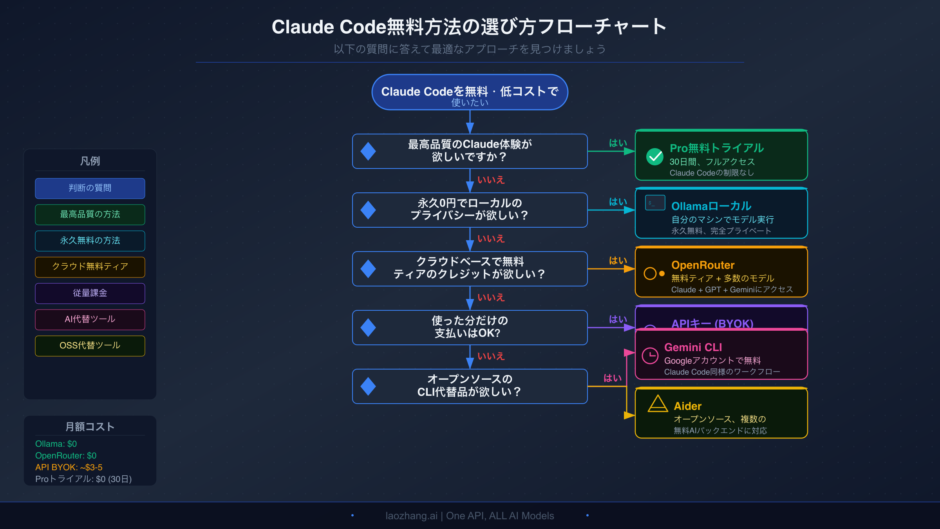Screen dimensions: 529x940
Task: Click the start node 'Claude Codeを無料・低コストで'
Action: (x=470, y=92)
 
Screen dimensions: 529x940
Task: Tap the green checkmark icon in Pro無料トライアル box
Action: (x=654, y=157)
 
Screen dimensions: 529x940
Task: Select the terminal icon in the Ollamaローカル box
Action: (x=655, y=203)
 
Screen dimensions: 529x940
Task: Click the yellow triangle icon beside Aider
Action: (x=658, y=404)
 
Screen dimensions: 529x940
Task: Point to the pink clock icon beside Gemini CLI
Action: (x=650, y=356)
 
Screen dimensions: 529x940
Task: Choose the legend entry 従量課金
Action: (x=90, y=293)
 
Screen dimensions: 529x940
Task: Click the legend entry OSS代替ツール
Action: (x=90, y=346)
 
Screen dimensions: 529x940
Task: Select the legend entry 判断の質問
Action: (x=90, y=188)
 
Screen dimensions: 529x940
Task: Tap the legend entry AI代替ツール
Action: (x=90, y=319)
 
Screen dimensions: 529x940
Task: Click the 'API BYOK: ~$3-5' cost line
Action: (x=69, y=467)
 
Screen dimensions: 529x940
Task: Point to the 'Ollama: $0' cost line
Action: (x=56, y=444)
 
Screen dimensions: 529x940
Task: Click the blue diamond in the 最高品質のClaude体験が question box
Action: (x=368, y=151)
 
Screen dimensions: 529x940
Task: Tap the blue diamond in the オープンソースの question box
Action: (x=368, y=386)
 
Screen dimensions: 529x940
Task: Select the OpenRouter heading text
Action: (x=703, y=265)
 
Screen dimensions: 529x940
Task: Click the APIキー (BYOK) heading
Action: (x=712, y=323)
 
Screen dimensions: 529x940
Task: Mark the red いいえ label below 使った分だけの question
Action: (x=491, y=356)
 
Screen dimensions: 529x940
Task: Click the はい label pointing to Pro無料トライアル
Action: (x=618, y=143)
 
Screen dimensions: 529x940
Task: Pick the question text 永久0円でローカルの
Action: (x=470, y=203)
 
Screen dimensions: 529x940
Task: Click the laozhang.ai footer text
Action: (x=470, y=516)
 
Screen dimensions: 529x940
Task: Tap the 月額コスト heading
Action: (x=90, y=427)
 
